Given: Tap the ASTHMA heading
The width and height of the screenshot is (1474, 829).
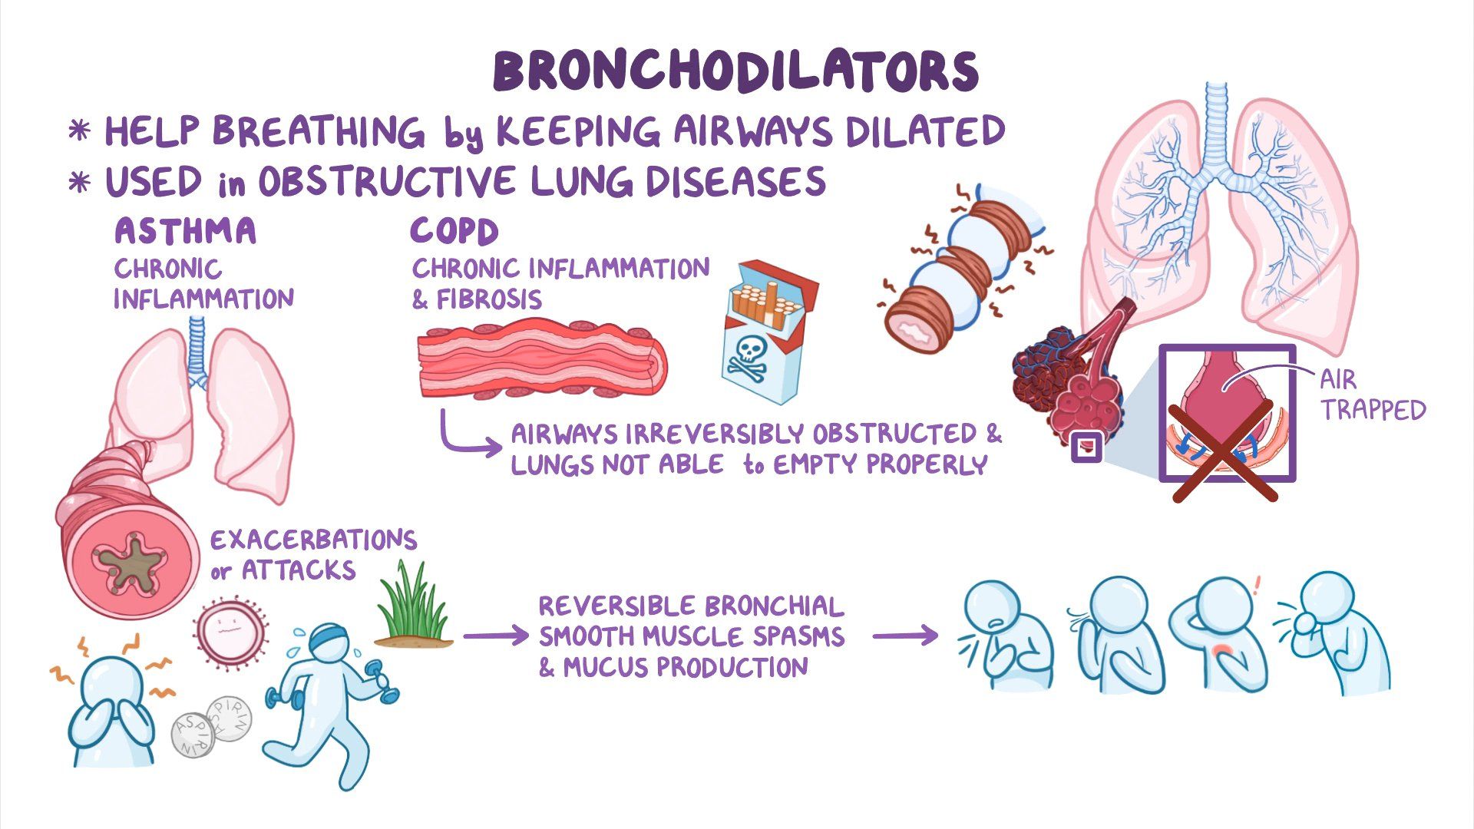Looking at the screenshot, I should (x=185, y=231).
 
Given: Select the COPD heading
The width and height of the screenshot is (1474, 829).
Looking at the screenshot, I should (x=454, y=231).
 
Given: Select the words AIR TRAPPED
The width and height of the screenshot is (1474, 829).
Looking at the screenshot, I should (x=1370, y=395).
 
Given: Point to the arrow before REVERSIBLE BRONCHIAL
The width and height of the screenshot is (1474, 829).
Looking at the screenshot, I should (x=495, y=636).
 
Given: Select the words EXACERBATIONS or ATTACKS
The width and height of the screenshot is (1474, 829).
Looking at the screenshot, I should (x=313, y=554).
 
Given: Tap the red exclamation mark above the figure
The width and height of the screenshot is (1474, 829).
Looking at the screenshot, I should (x=1257, y=586).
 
